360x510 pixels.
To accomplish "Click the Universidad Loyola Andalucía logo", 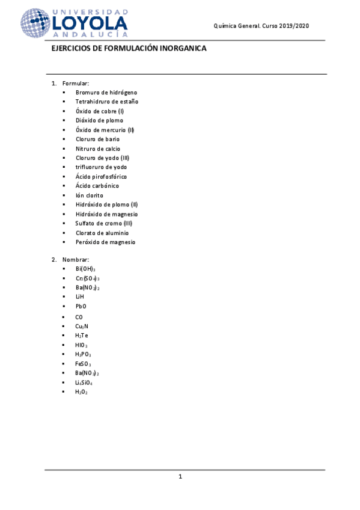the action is click(x=75, y=24).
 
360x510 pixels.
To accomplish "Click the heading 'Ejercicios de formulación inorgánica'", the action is click(x=129, y=49).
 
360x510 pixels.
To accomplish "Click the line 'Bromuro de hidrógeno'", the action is click(x=106, y=93).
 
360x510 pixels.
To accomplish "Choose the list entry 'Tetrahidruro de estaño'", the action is click(x=107, y=102).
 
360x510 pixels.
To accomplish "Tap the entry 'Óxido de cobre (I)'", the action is click(x=100, y=111).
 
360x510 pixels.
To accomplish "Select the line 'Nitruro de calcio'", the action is click(x=98, y=149).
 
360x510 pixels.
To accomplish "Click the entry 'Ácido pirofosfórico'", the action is click(x=101, y=177).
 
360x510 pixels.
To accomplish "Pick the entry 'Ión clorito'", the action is click(x=90, y=195).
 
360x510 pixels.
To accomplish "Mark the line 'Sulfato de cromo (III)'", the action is click(x=104, y=223).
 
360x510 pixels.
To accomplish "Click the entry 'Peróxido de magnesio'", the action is click(x=106, y=242).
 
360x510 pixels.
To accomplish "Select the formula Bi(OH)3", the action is click(x=85, y=269).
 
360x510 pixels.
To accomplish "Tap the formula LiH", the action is click(x=80, y=297).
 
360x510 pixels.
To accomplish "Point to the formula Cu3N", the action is click(x=82, y=325).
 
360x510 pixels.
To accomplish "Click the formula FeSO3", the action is click(x=83, y=364).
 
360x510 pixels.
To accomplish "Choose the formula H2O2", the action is click(x=81, y=392).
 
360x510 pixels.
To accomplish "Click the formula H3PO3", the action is click(x=83, y=354).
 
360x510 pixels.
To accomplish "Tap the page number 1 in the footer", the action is click(x=180, y=477).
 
